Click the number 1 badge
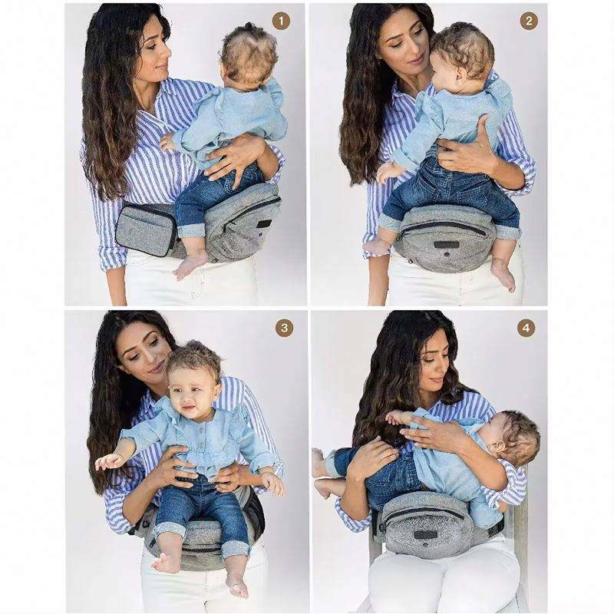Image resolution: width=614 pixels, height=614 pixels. (x=281, y=21)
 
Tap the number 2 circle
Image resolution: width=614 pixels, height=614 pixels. (x=529, y=21)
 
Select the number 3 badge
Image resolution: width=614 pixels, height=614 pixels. (x=284, y=328)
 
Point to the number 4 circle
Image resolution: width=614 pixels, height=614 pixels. (x=526, y=328)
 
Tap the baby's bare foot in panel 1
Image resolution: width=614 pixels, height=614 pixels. (x=190, y=263)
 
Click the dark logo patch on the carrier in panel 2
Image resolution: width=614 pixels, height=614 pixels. (x=446, y=245)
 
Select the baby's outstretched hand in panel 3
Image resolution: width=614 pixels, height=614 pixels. (x=106, y=464)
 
